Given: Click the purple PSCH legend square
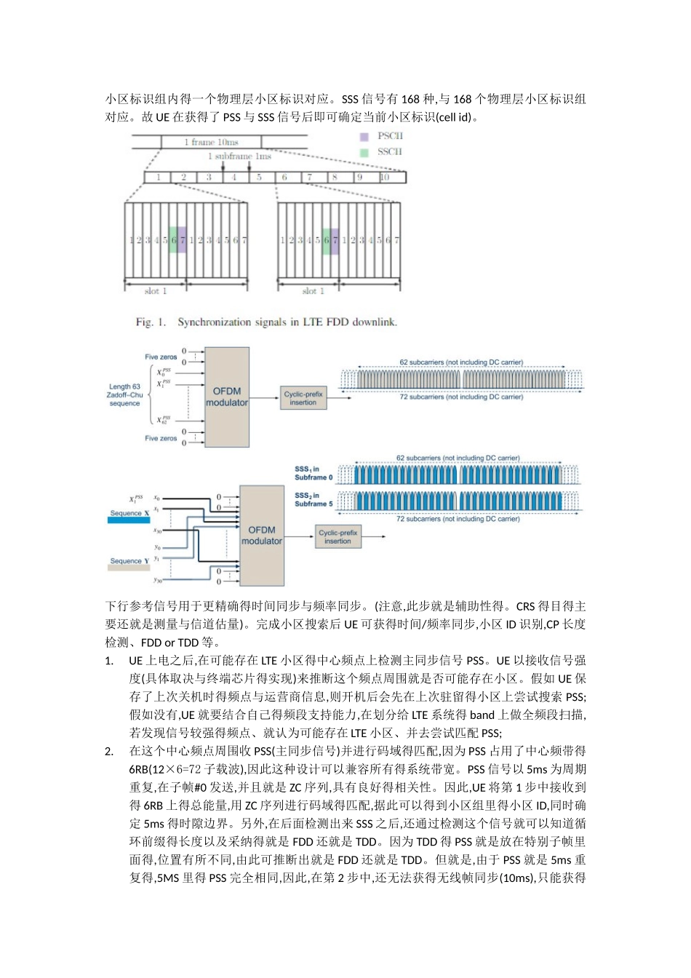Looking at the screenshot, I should click(364, 137).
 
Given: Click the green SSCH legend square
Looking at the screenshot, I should click(364, 153).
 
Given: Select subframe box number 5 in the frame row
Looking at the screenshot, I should click(259, 178).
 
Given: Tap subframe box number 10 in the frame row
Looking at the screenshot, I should click(385, 178).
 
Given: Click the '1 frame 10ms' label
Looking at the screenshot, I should click(211, 142).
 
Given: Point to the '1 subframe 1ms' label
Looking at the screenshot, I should click(239, 156).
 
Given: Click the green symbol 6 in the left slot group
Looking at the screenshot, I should click(173, 239).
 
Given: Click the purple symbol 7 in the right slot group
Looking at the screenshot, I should click(335, 239).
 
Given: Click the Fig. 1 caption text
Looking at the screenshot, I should click(266, 322).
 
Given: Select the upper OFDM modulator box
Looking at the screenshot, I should click(227, 397).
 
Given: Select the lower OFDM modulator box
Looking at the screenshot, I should click(262, 536).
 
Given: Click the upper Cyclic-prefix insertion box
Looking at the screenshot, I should click(303, 398).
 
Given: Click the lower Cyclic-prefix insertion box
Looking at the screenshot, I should click(337, 537).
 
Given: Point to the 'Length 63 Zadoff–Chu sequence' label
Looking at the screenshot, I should click(125, 395).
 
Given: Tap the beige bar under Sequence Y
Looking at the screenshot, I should click(129, 568).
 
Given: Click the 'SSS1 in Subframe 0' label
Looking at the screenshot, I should click(313, 474).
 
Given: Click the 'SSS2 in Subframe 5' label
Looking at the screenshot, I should click(313, 500).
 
